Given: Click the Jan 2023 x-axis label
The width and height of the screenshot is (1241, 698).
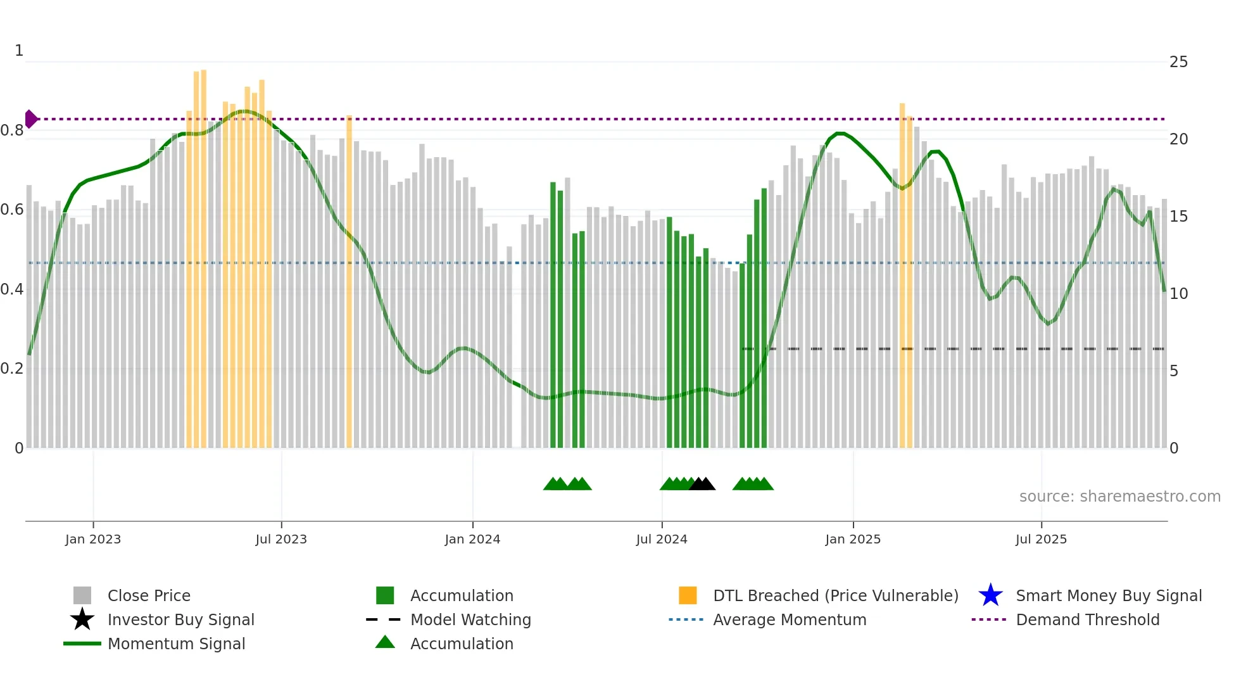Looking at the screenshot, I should (x=92, y=539).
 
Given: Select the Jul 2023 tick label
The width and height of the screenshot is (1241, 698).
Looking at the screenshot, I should (x=281, y=539).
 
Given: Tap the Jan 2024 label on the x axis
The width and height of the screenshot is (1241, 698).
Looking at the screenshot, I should (x=472, y=539).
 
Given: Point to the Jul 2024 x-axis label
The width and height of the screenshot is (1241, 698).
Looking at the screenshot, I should (x=662, y=539).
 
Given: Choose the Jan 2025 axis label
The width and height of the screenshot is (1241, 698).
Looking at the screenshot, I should (x=853, y=539).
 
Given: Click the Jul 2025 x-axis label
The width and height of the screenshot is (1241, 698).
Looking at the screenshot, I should (x=1041, y=539).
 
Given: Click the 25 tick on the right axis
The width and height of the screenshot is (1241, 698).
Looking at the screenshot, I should (x=1178, y=62).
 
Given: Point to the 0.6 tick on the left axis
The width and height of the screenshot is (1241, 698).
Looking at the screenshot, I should (x=12, y=210).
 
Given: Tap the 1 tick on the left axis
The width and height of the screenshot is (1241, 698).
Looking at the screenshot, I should (x=19, y=51).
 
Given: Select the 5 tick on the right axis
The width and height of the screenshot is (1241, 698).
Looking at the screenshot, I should (x=1174, y=371).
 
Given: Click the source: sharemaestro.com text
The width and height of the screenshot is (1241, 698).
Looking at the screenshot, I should (x=1119, y=497).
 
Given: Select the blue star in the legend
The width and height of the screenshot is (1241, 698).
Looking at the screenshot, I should (x=990, y=595).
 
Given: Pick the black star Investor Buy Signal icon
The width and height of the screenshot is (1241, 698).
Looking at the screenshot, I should (x=82, y=619).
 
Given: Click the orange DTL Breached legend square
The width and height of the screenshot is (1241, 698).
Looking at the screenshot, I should (x=688, y=595).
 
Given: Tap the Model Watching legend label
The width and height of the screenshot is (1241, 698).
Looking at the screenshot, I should (x=470, y=619).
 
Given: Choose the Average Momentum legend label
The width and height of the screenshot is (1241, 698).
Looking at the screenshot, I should (x=790, y=619).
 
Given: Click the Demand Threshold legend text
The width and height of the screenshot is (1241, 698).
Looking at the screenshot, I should (x=1088, y=619).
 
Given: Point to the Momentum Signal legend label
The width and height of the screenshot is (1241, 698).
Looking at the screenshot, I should (x=176, y=644).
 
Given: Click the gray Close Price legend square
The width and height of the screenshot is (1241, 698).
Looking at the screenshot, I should (x=82, y=595).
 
